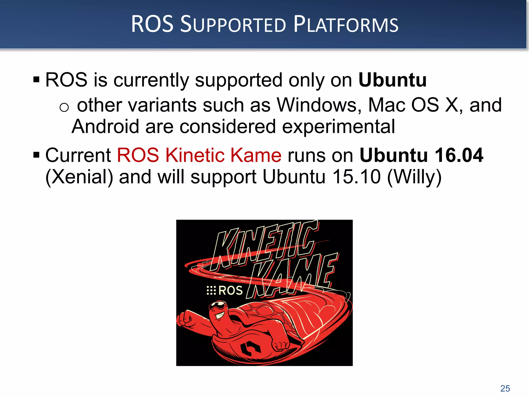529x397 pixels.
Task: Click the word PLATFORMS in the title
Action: click(x=346, y=25)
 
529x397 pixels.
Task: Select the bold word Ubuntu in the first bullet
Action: click(x=392, y=80)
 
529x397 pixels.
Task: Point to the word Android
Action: click(x=105, y=127)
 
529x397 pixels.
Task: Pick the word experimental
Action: click(x=338, y=127)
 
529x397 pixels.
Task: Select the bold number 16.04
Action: click(x=459, y=155)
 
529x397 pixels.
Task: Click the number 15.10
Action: click(x=356, y=177)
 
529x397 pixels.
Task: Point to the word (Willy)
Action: click(x=414, y=177)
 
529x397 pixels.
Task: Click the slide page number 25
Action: click(x=505, y=388)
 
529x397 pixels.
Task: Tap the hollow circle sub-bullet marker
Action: click(x=64, y=107)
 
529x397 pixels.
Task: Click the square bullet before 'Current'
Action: click(x=36, y=155)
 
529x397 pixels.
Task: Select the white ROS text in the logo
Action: click(x=230, y=291)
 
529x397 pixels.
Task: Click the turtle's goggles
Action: click(x=218, y=306)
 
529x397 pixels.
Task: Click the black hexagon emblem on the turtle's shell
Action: click(x=250, y=348)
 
